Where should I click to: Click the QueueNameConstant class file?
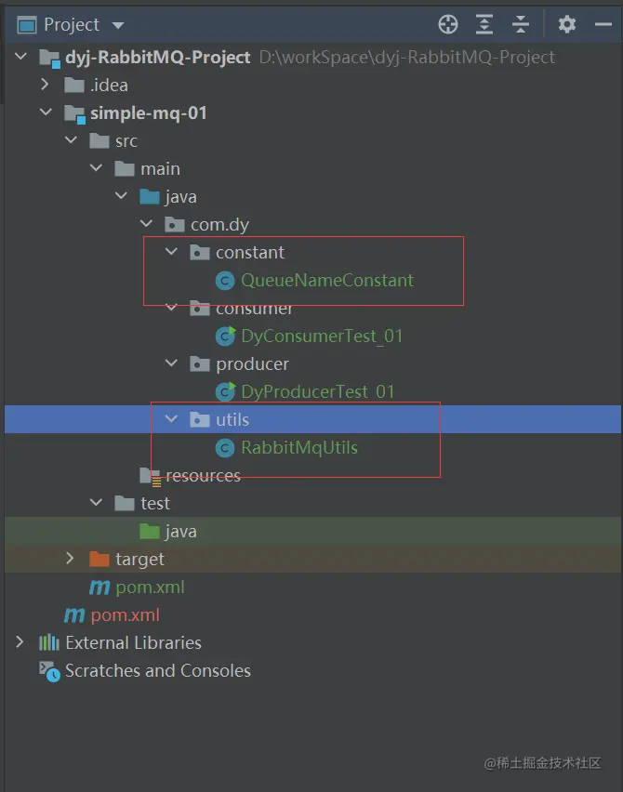click(x=327, y=281)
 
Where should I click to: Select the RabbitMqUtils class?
click(x=299, y=447)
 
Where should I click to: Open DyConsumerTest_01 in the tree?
click(x=322, y=336)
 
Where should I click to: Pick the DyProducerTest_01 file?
click(x=317, y=391)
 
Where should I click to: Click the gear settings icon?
click(x=567, y=24)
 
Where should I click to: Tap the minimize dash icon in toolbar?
click(x=603, y=24)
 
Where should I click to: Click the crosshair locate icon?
click(x=448, y=24)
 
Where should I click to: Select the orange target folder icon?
click(x=99, y=559)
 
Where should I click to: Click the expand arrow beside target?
click(x=70, y=558)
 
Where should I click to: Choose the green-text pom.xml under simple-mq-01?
click(x=150, y=587)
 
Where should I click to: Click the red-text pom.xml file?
click(x=126, y=614)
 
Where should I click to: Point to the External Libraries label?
click(x=133, y=642)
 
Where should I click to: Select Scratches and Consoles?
click(x=158, y=670)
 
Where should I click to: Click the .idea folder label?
click(x=109, y=85)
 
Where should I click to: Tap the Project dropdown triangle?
click(x=118, y=25)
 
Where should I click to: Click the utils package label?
click(x=232, y=420)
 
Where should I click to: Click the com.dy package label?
click(x=219, y=225)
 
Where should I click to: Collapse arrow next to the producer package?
click(x=172, y=363)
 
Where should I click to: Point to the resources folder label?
click(x=203, y=475)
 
